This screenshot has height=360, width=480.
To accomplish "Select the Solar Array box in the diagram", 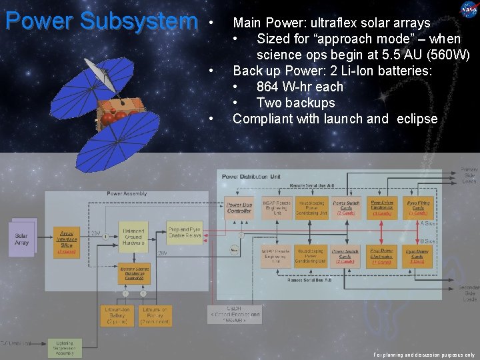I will coord(22,239).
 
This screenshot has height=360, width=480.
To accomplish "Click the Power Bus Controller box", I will coord(239,207).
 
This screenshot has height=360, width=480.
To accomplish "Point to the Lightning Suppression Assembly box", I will coord(65,347).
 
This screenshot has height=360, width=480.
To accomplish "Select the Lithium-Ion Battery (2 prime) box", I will coord(118,315).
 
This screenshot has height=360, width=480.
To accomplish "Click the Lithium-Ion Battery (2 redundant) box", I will coord(155,315).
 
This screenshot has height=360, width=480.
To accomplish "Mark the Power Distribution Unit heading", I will coord(251,177).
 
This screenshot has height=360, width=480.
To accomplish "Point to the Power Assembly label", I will coord(127,193).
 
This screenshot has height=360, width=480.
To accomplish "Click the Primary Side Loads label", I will coord(469,175).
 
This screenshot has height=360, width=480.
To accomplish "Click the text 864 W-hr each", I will coord(299,87).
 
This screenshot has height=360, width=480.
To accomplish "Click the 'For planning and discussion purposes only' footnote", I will coord(424,355).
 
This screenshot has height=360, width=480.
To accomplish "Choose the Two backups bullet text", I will coord(295,103).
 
